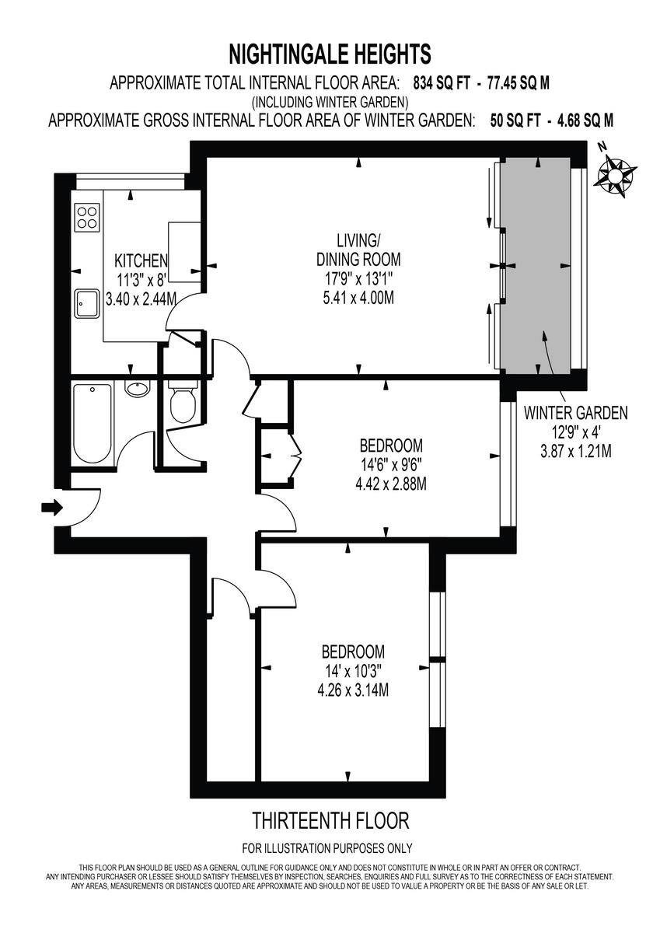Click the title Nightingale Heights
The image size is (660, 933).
click(x=330, y=54)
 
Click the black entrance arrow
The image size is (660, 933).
click(x=52, y=508)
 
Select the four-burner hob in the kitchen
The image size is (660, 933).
click(x=87, y=216)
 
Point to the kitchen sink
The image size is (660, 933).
click(x=86, y=302)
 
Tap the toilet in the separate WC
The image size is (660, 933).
click(x=183, y=403)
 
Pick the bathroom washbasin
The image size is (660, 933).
click(x=138, y=388)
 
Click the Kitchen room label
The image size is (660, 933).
click(x=141, y=260)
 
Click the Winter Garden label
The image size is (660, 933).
click(x=575, y=413)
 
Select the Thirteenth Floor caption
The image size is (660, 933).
click(x=330, y=819)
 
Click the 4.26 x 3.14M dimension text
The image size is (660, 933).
click(x=354, y=689)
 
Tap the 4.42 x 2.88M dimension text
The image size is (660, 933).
click(x=391, y=484)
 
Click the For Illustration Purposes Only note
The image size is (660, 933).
click(x=327, y=848)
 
